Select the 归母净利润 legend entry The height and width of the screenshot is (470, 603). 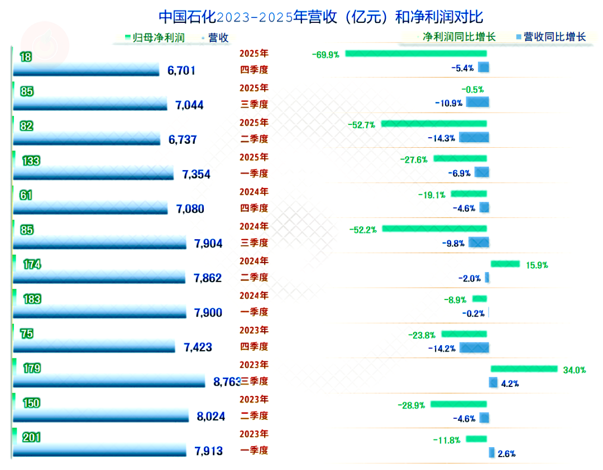[159, 38]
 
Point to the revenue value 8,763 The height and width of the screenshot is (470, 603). [227, 382]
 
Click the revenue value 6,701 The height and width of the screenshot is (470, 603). [181, 70]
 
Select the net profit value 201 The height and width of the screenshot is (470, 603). [32, 438]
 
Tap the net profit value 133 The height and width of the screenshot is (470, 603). [32, 161]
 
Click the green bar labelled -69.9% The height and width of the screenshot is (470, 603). [416, 54]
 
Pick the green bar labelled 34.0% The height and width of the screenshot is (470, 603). [524, 369]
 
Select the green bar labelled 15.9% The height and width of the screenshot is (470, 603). [505, 264]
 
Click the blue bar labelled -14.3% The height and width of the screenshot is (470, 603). [474, 137]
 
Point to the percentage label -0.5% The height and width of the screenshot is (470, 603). [473, 89]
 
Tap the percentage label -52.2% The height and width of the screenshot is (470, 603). [363, 229]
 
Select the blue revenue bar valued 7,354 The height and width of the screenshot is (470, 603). [93, 174]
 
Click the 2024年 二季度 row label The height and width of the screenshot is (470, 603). [254, 269]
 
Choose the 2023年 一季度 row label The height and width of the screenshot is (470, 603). [254, 442]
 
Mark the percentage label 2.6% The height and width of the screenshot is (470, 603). [506, 454]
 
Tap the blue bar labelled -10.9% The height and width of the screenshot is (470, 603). [477, 103]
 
